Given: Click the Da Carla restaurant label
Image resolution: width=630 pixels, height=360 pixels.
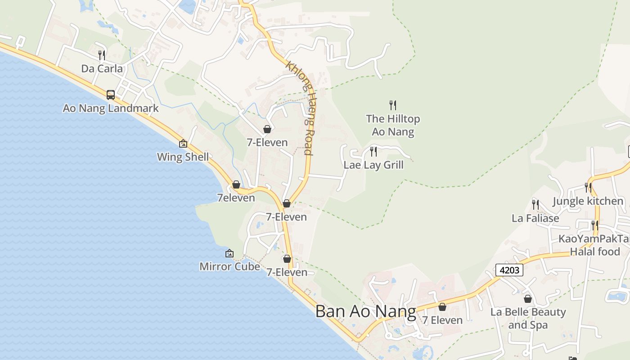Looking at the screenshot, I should point(102,68).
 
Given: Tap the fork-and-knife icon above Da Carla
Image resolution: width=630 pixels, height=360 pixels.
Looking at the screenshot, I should point(102,55).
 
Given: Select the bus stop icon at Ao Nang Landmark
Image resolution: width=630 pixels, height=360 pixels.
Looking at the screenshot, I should point(111,94).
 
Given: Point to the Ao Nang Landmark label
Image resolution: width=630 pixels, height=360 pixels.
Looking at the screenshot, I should point(111,108).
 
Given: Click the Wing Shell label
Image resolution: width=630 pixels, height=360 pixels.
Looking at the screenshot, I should point(183,157).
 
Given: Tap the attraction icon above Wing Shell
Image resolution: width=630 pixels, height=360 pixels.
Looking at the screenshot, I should point(183,144).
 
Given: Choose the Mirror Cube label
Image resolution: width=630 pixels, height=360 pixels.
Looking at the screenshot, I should point(229,266).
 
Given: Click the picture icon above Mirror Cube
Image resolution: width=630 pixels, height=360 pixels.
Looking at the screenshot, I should point(229,253).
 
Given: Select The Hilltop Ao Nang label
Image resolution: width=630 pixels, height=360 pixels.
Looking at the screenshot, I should point(393,125).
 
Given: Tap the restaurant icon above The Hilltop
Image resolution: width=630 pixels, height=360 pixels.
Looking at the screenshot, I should point(393,105).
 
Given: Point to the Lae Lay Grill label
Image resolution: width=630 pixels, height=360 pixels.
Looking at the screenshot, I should point(373,165).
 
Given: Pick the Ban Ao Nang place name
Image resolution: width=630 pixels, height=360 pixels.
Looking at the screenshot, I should point(365,311).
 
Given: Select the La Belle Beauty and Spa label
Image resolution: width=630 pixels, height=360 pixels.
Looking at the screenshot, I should point(528,318).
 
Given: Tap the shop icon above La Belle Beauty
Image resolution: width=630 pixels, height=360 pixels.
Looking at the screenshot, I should point(528,298).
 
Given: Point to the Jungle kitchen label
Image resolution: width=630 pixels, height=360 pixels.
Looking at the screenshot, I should point(588,201).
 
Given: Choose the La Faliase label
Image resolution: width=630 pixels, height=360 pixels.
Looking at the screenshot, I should point(535,218).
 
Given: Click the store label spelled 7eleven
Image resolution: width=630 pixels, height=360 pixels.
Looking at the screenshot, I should point(236,198).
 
